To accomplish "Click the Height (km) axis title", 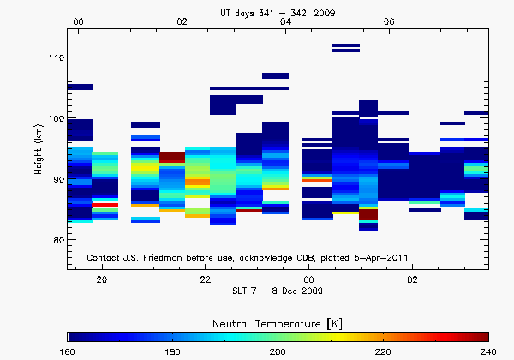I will pos(39,149).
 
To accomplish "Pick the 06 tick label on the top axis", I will pos(389,21).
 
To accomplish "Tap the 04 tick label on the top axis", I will pos(285,21).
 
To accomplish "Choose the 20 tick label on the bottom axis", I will pos(102,279).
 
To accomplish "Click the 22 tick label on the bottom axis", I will pos(206,279).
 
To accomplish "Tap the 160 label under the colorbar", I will pos(69,351).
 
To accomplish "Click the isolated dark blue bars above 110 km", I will pos(346,48).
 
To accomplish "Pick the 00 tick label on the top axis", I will pos(79,21).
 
